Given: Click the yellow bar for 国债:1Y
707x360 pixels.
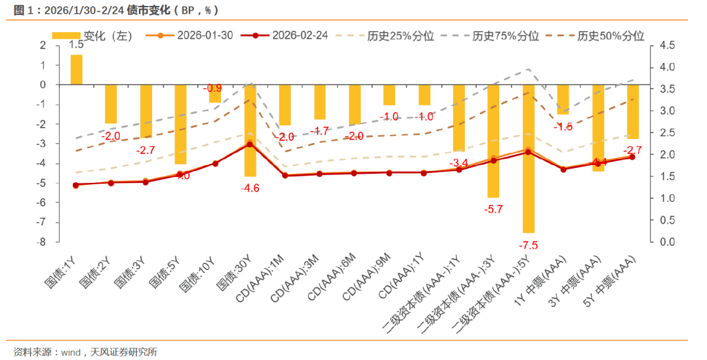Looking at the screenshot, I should (x=77, y=70).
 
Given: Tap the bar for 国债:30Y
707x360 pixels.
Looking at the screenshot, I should (x=251, y=130).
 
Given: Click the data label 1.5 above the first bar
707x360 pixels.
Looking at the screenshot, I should (x=76, y=45).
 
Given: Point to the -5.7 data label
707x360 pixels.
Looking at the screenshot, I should (x=493, y=209).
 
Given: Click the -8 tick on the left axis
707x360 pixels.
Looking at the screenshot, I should (x=41, y=242).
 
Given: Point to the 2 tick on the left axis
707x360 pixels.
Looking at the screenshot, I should (x=43, y=45).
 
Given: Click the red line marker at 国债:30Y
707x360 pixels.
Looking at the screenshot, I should (x=249, y=144).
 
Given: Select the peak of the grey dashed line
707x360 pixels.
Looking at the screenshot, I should (x=529, y=69).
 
